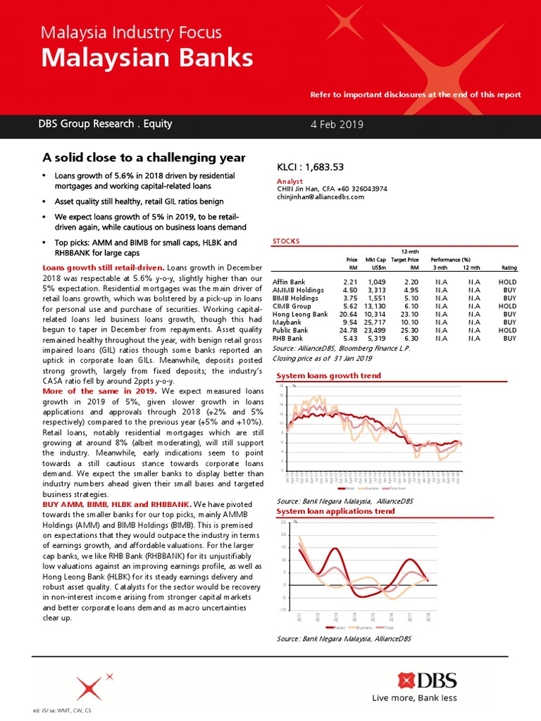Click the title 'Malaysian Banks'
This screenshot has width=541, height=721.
tap(147, 58)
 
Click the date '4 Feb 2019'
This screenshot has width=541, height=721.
tap(337, 125)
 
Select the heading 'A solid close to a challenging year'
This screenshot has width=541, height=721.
tap(144, 158)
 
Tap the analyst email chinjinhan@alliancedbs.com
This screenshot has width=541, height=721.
tap(321, 197)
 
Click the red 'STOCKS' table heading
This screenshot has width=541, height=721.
tap(286, 242)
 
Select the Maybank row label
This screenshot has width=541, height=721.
tap(287, 322)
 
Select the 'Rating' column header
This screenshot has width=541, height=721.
tap(509, 268)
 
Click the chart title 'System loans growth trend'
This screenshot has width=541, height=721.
tap(329, 376)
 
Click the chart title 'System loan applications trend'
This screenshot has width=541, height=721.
tap(335, 511)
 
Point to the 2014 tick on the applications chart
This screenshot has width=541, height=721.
tap(354, 617)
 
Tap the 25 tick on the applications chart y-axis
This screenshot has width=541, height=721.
tap(283, 522)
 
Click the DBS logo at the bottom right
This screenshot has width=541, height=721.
tap(427, 680)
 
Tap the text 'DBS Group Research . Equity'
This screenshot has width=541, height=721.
tap(105, 124)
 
